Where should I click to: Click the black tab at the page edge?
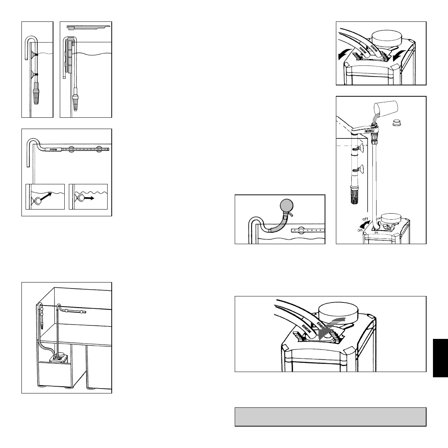pyautogui.click(x=440, y=357)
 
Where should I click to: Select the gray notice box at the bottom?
pyautogui.click(x=330, y=416)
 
